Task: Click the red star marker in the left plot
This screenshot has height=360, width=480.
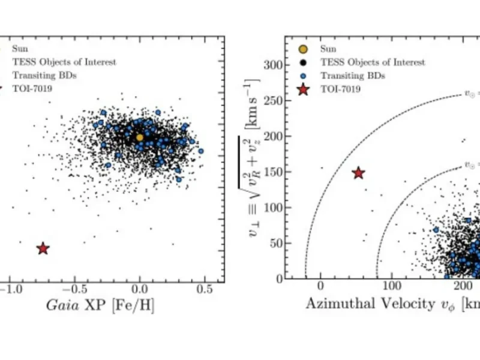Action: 43,248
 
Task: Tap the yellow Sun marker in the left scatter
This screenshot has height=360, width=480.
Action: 140,137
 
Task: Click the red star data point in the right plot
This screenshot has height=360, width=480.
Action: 358,173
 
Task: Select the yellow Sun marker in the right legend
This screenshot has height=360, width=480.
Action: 304,49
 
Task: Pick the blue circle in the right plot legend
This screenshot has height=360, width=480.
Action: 304,76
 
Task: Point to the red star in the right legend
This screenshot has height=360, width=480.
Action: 304,90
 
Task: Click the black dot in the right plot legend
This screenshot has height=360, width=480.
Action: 304,62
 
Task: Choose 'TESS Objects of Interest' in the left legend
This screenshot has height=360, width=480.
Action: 64,62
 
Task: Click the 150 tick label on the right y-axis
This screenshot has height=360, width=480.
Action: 274,172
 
